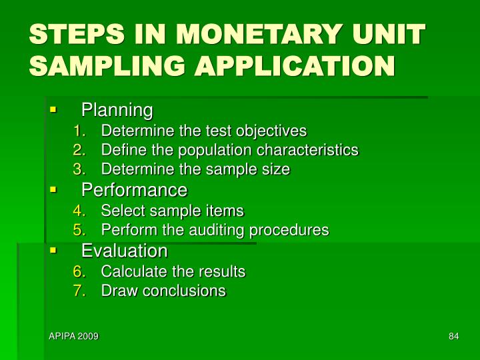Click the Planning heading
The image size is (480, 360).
coord(117,109)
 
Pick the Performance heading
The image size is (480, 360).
coord(134,190)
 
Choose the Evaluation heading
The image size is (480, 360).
coord(124,251)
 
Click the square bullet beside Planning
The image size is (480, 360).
coord(53,109)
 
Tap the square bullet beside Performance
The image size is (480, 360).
coord(53,190)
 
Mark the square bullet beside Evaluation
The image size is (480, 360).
coord(53,251)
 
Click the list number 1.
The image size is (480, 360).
coord(78,130)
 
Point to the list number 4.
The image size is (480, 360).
coord(78,211)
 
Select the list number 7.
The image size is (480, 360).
coord(78,291)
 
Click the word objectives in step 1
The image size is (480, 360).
coord(275,130)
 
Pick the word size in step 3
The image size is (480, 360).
coord(278,169)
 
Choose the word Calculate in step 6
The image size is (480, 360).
coord(131,272)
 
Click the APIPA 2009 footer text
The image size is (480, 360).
coord(73,337)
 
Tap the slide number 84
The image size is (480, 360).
coord(453,337)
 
